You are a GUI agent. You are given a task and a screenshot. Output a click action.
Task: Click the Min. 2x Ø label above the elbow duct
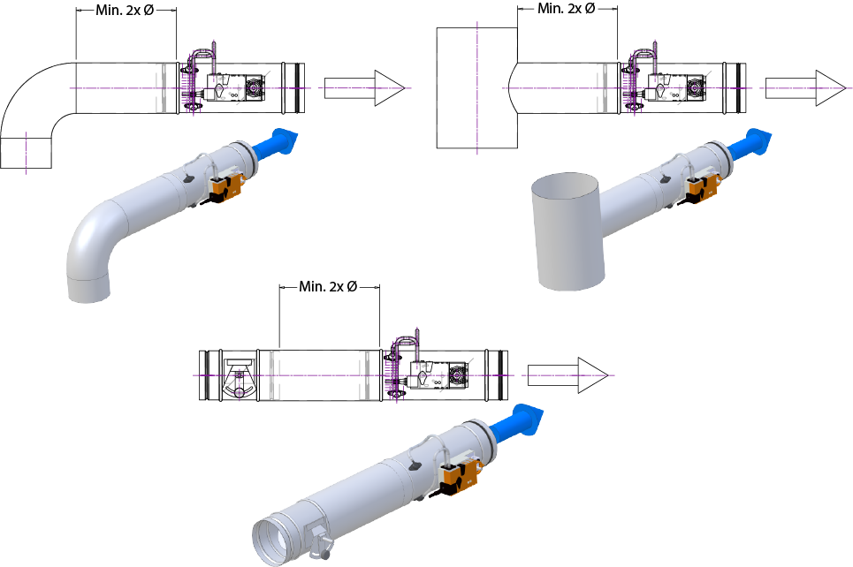point(125,11)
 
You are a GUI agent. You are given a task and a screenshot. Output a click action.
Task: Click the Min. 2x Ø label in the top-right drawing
point(567,9)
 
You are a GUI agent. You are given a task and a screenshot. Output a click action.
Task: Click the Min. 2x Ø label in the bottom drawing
point(328,286)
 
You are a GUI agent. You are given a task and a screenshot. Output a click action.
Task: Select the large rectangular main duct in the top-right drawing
point(476,87)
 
